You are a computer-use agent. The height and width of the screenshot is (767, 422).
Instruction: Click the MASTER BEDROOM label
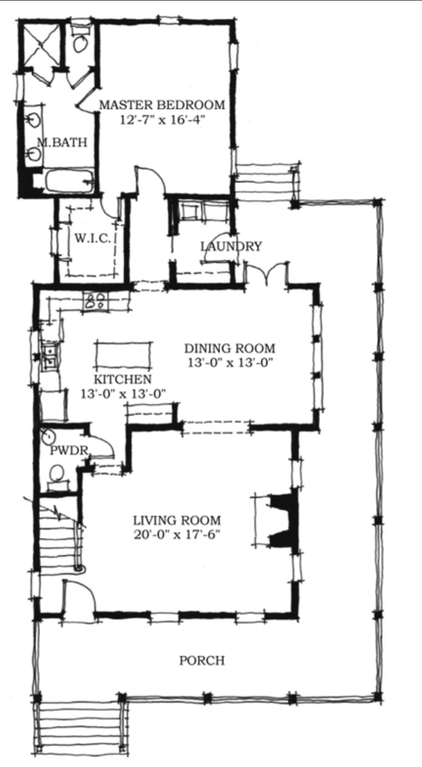point(162,105)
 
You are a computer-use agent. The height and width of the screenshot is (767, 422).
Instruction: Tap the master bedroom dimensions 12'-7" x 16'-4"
point(162,120)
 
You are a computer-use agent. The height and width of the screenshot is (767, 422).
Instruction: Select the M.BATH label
point(62,142)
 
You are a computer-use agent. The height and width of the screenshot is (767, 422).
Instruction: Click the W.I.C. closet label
point(93,238)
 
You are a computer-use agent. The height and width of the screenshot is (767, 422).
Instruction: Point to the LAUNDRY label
point(231,246)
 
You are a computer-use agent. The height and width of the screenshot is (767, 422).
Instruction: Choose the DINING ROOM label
point(230,348)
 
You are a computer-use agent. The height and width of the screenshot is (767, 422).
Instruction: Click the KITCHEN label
point(122,379)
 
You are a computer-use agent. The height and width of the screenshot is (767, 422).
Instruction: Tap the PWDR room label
point(69,451)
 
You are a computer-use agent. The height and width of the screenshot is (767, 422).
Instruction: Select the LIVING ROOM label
point(177,521)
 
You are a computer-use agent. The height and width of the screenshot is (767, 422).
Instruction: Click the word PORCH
point(202,661)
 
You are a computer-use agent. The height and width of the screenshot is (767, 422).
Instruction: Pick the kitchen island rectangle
point(123,355)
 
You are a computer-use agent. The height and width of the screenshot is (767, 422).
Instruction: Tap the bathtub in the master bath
point(70,182)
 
